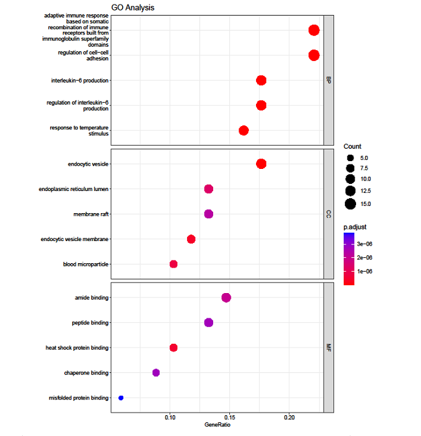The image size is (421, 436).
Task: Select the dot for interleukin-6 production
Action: tap(261, 81)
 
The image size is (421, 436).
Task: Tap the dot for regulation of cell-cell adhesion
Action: tap(314, 55)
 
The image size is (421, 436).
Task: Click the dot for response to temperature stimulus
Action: tap(244, 131)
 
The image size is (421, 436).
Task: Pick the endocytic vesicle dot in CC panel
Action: tap(261, 164)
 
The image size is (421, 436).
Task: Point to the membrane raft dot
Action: tap(209, 214)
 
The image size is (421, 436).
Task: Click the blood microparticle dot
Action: tap(173, 264)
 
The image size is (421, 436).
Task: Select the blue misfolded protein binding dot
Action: tap(121, 398)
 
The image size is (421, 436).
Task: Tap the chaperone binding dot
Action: tap(156, 372)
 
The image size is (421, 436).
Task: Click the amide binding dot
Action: tap(226, 298)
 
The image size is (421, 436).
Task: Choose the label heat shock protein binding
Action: tap(77, 348)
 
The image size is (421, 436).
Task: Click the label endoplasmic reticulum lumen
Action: tap(73, 189)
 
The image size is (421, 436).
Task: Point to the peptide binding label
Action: tap(90, 323)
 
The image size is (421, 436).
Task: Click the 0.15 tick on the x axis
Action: tap(230, 417)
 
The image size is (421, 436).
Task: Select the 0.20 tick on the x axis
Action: tap(290, 417)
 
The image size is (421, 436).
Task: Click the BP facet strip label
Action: tap(329, 81)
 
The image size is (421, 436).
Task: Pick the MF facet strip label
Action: tap(329, 348)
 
